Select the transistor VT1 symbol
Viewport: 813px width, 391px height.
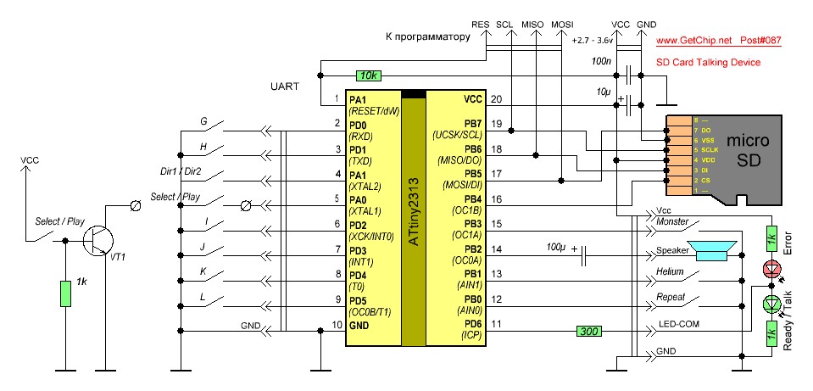click(101, 241)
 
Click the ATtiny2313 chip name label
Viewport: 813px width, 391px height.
click(413, 212)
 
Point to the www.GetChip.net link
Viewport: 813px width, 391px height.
click(693, 40)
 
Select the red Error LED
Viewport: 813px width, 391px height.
click(771, 269)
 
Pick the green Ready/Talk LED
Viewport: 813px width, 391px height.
click(771, 303)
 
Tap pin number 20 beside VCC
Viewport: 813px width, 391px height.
click(497, 99)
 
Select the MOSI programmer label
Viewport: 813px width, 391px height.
click(562, 25)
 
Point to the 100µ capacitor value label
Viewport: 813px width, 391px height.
click(556, 249)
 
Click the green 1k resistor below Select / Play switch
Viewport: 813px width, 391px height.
click(65, 293)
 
